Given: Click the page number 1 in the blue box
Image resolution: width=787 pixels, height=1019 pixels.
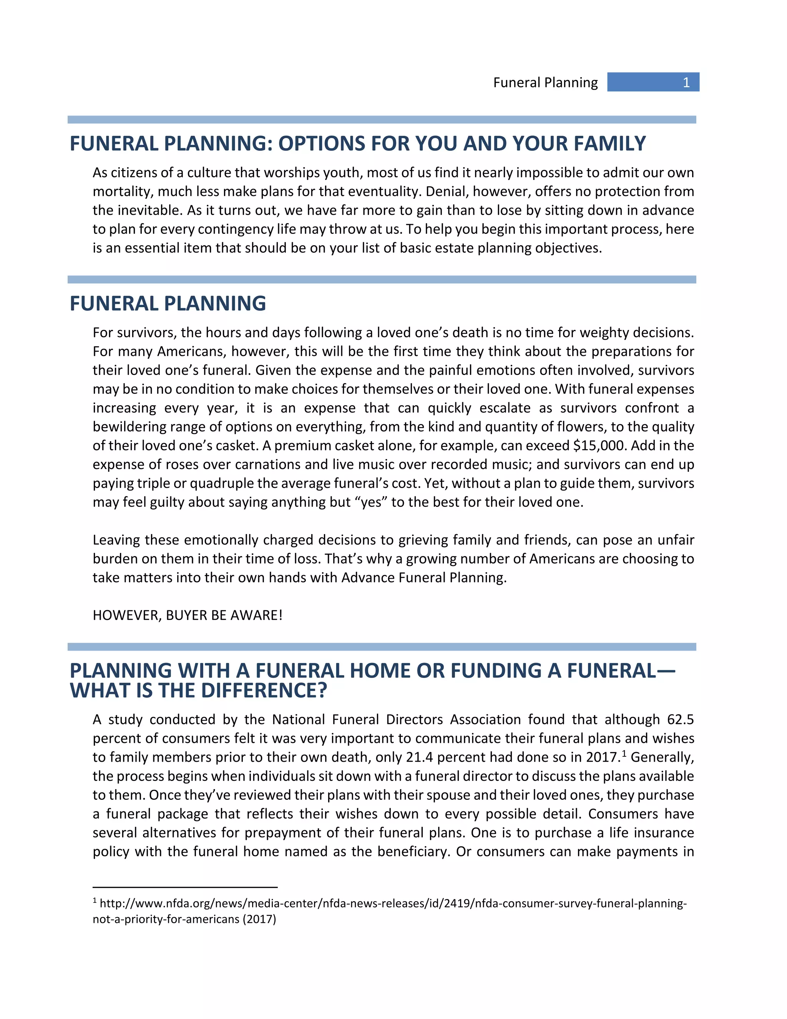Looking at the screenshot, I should [x=686, y=83].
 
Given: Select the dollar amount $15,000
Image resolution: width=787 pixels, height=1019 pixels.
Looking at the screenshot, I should [x=601, y=446].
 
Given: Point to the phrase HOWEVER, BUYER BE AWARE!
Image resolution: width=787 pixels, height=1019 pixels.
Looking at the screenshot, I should [x=188, y=615].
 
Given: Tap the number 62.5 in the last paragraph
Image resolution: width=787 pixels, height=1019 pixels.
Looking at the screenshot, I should [x=680, y=719].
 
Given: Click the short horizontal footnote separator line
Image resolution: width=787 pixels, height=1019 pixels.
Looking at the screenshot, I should [x=185, y=887].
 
